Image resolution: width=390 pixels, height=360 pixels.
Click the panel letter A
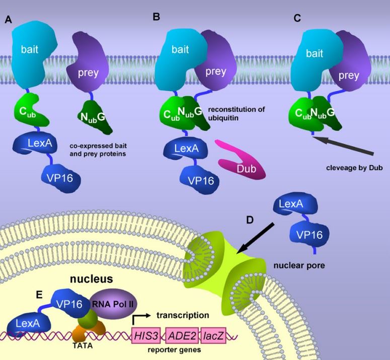click(x=8, y=20)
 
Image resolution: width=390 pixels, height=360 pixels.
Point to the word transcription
click(x=183, y=315)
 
